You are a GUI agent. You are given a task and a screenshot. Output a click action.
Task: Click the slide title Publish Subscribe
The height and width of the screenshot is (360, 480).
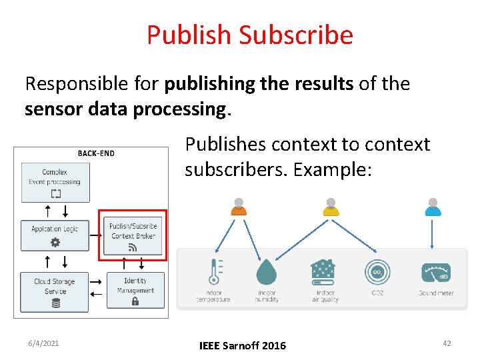tap(249, 35)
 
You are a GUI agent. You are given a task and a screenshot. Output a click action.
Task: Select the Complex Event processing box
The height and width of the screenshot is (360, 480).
tap(55, 182)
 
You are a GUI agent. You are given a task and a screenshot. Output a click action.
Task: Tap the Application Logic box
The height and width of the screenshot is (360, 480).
tap(55, 235)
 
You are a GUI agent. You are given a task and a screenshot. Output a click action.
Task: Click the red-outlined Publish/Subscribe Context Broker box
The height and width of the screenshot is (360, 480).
tap(133, 236)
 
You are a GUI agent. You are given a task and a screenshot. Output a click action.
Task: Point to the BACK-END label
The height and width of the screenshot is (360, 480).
tap(96, 153)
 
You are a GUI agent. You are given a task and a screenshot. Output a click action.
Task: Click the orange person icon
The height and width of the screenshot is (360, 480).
tap(239, 207)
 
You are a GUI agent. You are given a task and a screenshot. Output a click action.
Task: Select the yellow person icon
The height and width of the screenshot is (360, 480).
tap(331, 207)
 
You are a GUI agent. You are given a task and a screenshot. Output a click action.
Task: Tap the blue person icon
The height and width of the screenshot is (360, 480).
tap(433, 207)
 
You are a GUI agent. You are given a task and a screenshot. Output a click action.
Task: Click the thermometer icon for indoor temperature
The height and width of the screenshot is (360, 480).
tap(215, 272)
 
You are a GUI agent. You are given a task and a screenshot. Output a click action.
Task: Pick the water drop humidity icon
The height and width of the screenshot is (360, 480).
tap(266, 272)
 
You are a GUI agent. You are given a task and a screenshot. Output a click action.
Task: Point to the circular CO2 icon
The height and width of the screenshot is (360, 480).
tap(377, 272)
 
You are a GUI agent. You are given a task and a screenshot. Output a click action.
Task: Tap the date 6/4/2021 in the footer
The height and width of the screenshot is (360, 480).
tap(43, 343)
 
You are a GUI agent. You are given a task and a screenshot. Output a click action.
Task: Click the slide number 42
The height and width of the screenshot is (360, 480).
tap(447, 343)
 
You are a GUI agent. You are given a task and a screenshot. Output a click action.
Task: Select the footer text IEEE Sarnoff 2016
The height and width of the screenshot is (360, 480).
tap(243, 345)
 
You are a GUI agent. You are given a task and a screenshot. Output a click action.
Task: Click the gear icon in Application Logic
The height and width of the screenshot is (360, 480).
tap(55, 243)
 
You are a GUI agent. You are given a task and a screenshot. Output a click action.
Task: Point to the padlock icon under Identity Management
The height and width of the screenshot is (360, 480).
tap(135, 301)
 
